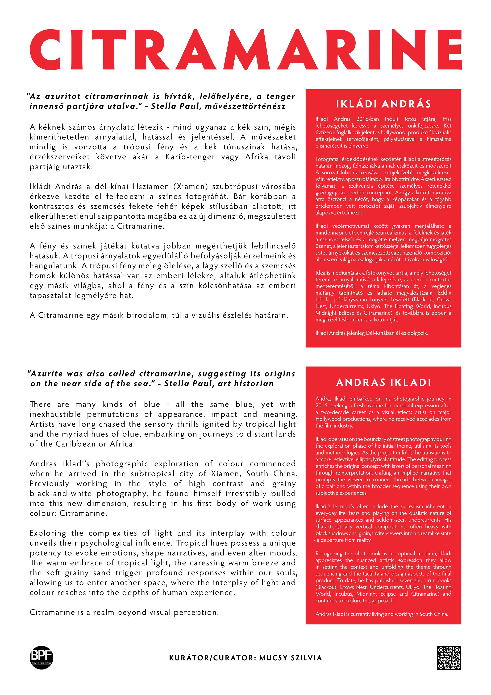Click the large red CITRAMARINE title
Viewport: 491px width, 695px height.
(245, 50)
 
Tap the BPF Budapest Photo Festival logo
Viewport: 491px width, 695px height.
(41, 657)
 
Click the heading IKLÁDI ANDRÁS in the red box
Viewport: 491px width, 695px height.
(383, 104)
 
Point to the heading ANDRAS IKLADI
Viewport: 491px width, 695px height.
(383, 383)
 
